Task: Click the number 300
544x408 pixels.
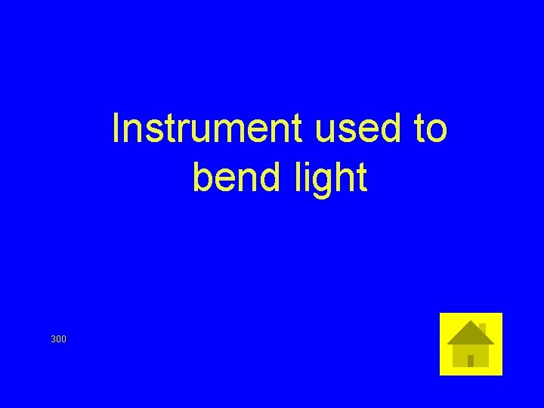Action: pyautogui.click(x=58, y=339)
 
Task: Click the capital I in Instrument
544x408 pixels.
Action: pyautogui.click(x=116, y=129)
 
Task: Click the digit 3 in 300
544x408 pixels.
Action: pyautogui.click(x=53, y=339)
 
